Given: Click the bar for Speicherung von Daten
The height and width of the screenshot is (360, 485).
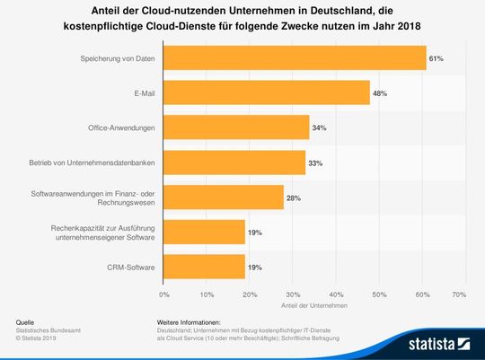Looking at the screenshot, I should (x=295, y=57).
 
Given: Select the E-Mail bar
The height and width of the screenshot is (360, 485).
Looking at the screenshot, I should (x=266, y=92).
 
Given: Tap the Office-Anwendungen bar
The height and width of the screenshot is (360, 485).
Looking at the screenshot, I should (x=236, y=127).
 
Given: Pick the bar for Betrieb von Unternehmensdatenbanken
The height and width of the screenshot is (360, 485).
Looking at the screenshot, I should (x=234, y=162).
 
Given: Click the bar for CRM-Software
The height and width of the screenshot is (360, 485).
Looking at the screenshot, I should (x=204, y=267).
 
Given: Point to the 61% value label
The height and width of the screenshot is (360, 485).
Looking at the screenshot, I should (x=436, y=58).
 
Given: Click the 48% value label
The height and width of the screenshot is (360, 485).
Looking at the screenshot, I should (x=380, y=93).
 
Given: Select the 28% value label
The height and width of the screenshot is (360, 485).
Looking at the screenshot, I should (x=294, y=198).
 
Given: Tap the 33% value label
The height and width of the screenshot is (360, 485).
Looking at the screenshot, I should (x=315, y=162).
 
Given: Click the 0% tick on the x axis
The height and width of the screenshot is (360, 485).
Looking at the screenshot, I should (x=163, y=294).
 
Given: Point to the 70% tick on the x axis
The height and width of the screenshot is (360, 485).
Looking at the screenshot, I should (x=459, y=294).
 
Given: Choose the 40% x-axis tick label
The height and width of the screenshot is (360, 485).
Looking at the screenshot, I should (x=332, y=294).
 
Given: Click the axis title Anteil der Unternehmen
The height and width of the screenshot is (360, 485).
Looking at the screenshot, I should (x=311, y=304).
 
